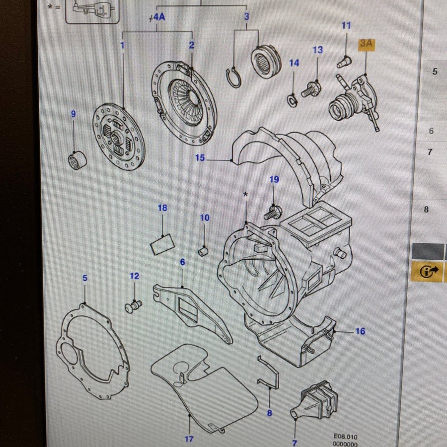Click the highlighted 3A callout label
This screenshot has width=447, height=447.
pyautogui.click(x=366, y=44)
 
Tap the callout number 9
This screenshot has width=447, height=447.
pyautogui.click(x=74, y=114)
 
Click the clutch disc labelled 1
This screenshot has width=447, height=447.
pyautogui.click(x=118, y=135)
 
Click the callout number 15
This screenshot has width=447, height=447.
pyautogui.click(x=200, y=158)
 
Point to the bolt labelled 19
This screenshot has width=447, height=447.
pyautogui.click(x=274, y=213)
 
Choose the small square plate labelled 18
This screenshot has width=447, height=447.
pyautogui.click(x=162, y=243)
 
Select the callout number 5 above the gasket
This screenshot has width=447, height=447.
pyautogui.click(x=85, y=278)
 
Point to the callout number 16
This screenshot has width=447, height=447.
pyautogui.click(x=360, y=331)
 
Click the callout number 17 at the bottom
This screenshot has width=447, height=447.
pyautogui.click(x=189, y=439)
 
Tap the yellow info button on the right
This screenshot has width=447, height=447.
pyautogui.click(x=426, y=272)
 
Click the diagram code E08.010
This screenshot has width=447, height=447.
pyautogui.click(x=345, y=437)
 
